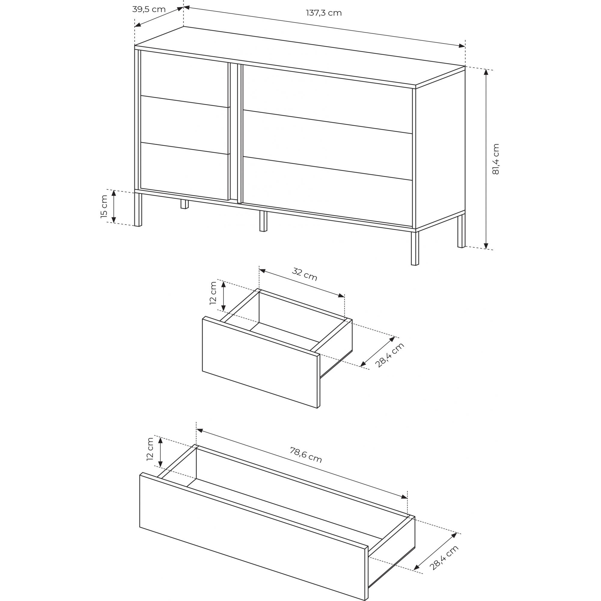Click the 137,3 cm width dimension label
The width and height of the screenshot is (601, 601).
click(x=324, y=13)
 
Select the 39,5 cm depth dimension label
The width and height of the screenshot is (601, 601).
click(x=149, y=9)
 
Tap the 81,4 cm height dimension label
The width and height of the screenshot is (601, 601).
click(x=496, y=159)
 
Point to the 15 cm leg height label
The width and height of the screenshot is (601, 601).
click(x=104, y=206)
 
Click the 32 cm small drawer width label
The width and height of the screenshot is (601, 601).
click(x=304, y=274)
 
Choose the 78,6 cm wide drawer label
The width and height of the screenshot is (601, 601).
click(x=306, y=455)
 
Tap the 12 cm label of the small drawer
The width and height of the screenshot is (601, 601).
click(x=213, y=293)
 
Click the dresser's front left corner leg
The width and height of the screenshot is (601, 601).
click(x=138, y=209)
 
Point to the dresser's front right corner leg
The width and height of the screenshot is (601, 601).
click(x=415, y=248)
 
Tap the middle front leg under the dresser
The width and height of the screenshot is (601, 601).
click(x=263, y=221)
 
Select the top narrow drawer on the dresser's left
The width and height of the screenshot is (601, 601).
click(x=184, y=79)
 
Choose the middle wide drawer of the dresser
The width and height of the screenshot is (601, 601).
click(x=328, y=145)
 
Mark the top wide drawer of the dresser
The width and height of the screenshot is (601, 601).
click(x=328, y=99)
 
